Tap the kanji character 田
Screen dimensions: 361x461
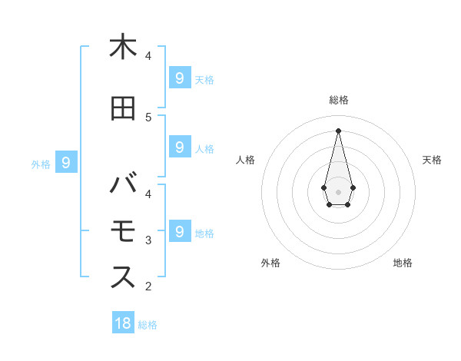click(123, 109)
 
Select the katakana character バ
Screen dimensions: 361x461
click(123, 185)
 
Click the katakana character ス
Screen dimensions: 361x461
click(123, 277)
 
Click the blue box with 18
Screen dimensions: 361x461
click(123, 323)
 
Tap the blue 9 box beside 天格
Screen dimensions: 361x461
click(179, 78)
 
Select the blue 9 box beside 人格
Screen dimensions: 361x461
click(179, 147)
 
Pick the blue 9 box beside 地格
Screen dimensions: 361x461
click(179, 230)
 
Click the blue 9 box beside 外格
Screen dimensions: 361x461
click(66, 162)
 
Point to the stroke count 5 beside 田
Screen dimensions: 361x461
click(148, 118)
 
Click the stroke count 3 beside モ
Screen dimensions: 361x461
click(148, 240)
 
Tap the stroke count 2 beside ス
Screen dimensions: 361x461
click(148, 287)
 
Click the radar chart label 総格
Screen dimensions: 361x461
click(339, 100)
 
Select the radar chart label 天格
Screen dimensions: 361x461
click(433, 160)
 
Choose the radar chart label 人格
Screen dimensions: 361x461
click(245, 160)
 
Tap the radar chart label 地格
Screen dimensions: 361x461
click(403, 263)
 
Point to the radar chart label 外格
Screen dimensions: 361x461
click(270, 263)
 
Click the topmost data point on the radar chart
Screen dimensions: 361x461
click(339, 131)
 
